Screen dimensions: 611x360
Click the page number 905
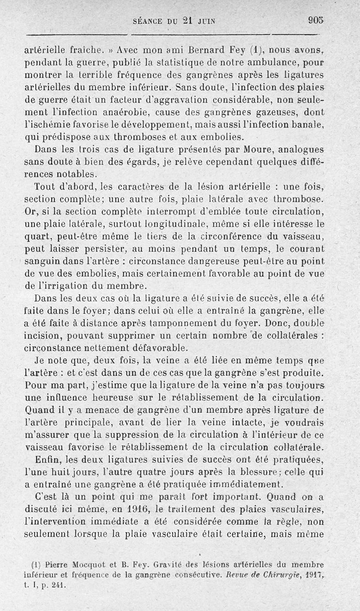point(316,20)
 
